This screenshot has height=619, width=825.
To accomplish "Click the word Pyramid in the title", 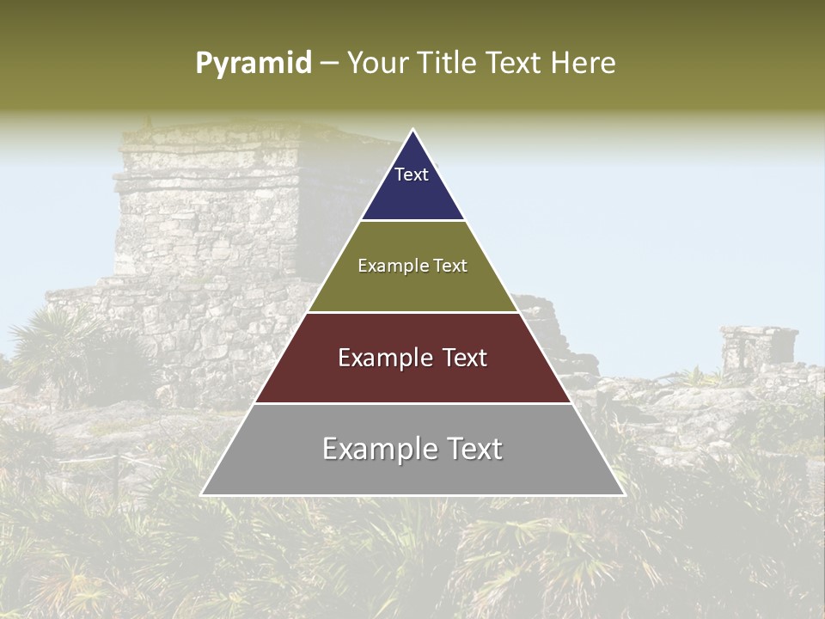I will pos(253,64).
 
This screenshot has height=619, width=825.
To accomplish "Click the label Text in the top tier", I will pos(411,175).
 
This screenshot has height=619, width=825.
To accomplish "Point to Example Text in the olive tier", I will pos(412,266).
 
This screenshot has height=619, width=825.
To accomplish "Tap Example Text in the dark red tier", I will pos(412,358).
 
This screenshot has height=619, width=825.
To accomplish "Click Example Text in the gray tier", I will pos(412,449).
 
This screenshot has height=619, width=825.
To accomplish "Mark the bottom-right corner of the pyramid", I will pos(623,494).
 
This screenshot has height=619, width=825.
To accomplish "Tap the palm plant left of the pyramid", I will pos(52,344).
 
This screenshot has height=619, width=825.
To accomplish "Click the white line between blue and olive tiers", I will pos(412,221).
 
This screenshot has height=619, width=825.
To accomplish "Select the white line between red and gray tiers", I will pos(412,403).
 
